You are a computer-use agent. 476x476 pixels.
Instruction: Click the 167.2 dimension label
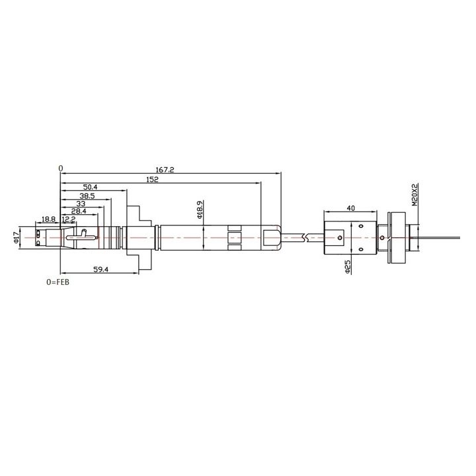pyautogui.click(x=165, y=170)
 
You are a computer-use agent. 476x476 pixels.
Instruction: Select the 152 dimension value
pyautogui.click(x=152, y=179)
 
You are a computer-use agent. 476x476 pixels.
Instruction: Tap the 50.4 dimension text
pyautogui.click(x=90, y=187)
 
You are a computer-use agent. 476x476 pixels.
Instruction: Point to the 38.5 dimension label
pyautogui.click(x=87, y=196)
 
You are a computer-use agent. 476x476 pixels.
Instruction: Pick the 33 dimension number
pyautogui.click(x=81, y=204)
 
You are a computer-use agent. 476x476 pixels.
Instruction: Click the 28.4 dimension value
pyautogui.click(x=79, y=211)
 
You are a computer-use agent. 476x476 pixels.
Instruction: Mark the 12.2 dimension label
pyautogui.click(x=69, y=219)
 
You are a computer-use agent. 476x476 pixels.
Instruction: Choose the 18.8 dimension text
pyautogui.click(x=48, y=219)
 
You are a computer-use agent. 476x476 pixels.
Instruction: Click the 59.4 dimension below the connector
pyautogui.click(x=100, y=269)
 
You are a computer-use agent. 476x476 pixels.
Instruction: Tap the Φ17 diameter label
pyautogui.click(x=16, y=237)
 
